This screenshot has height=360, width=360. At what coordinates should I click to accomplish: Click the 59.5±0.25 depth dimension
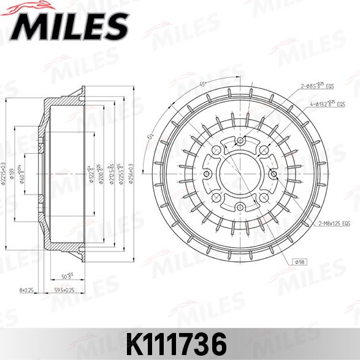point(63,289)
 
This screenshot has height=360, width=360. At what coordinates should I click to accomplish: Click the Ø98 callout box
point(301,262)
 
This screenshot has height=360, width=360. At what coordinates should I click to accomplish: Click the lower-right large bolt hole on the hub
point(261,198)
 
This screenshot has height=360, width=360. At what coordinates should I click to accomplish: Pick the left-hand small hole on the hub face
point(207,175)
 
